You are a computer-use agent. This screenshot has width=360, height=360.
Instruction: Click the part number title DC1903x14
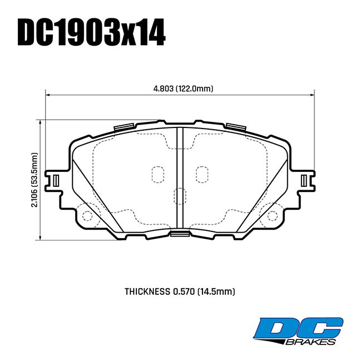pyautogui.click(x=92, y=33)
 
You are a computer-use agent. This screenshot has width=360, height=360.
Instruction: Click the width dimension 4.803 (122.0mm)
pyautogui.click(x=183, y=88)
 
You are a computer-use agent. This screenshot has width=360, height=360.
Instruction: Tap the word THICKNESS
pyautogui.click(x=147, y=291)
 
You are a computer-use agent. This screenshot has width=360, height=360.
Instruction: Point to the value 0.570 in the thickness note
pyautogui.click(x=185, y=291)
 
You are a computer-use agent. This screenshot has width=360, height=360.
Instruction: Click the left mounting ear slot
pyautogui.click(x=55, y=180)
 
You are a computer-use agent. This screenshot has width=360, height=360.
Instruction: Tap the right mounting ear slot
pyautogui.click(x=304, y=180)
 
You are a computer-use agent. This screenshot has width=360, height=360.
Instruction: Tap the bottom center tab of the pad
pyautogui.click(x=179, y=233)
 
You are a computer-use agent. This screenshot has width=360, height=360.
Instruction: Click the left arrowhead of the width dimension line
pyautogui.click(x=48, y=95)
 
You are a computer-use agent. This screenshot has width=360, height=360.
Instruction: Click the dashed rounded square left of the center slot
pyautogui.click(x=159, y=174)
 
